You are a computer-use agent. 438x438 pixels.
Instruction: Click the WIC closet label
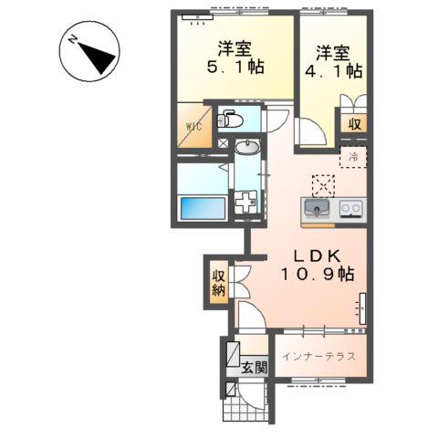coord(193,127)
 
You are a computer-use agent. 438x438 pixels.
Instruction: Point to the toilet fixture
coord(232,119)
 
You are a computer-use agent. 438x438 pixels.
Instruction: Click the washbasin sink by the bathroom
coord(246,147)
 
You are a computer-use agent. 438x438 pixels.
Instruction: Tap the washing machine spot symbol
coord(246,202)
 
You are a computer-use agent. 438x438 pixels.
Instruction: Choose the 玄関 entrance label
coord(255,368)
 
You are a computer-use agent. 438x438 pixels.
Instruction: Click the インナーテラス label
coord(318,355)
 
